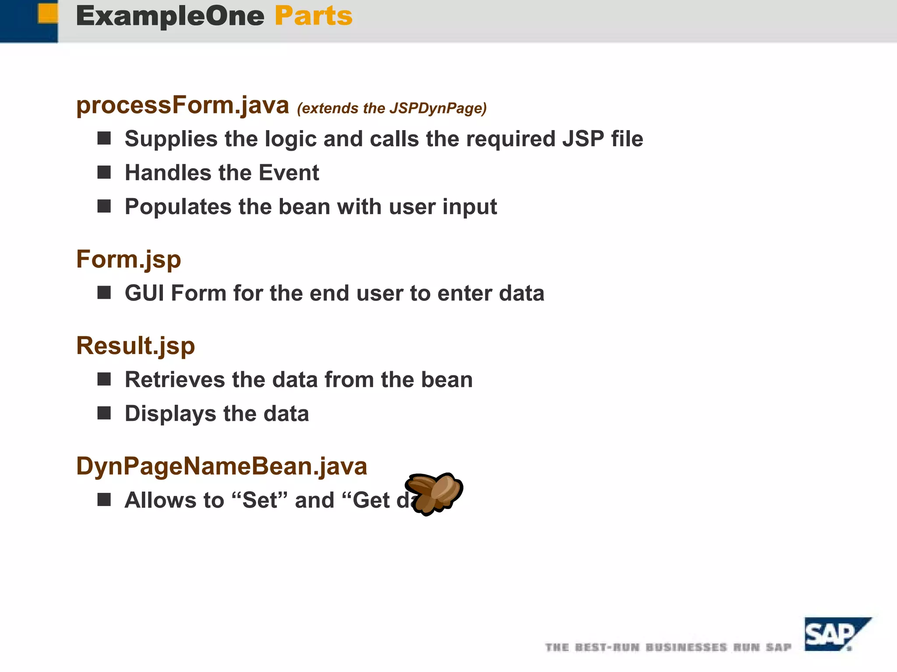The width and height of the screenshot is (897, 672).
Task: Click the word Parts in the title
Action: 313,17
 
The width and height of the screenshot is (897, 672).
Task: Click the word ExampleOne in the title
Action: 170,17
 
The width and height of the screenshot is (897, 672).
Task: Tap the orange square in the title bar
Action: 48,13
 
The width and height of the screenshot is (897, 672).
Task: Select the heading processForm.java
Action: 183,106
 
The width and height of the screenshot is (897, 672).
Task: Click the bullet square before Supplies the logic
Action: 104,138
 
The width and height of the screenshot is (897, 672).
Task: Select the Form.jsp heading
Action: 128,259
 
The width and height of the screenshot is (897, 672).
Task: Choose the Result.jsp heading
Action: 135,346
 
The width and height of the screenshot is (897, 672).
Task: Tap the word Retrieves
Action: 175,379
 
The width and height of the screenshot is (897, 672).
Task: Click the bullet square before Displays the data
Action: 104,413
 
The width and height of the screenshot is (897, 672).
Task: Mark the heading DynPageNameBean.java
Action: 222,466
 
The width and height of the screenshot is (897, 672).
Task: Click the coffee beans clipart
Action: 434,493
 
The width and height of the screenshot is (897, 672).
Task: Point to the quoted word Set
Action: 260,500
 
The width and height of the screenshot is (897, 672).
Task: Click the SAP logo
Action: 834,634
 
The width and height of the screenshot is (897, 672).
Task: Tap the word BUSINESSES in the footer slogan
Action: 686,647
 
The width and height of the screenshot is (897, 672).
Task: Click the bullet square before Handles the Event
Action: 104,172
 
